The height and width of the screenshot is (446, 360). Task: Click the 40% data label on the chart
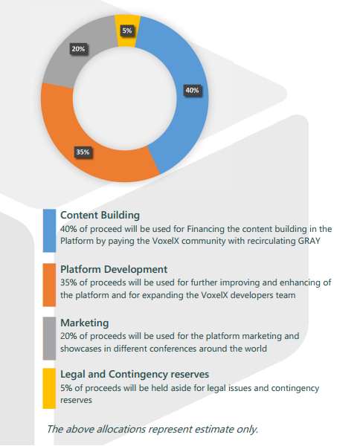[192, 90]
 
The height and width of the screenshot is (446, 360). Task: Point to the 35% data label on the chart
[83, 152]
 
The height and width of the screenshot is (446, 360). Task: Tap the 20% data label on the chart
[78, 49]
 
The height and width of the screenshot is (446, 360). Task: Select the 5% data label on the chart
[127, 30]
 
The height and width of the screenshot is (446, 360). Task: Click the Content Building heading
[100, 216]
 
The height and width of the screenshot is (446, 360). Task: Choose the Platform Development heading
[114, 269]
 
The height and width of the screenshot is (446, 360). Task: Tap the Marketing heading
[85, 323]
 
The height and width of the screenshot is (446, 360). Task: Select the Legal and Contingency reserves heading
[135, 375]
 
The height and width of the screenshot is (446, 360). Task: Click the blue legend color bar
[49, 230]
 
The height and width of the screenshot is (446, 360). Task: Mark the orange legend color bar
[49, 285]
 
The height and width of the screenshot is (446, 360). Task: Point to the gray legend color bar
[49, 338]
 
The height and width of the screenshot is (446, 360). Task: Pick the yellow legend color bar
[49, 389]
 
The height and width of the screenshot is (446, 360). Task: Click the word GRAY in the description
[309, 241]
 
